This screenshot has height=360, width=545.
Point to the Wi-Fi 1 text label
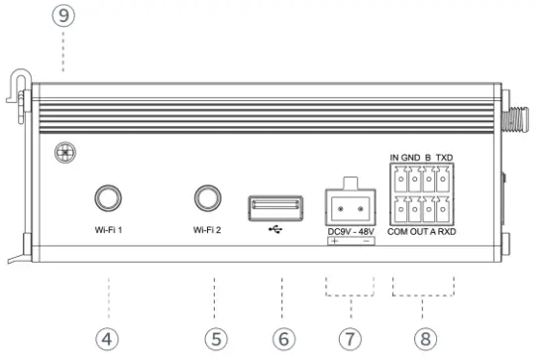[106, 234]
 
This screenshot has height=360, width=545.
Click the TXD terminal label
[445, 158]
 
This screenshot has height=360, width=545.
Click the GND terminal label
[411, 158]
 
